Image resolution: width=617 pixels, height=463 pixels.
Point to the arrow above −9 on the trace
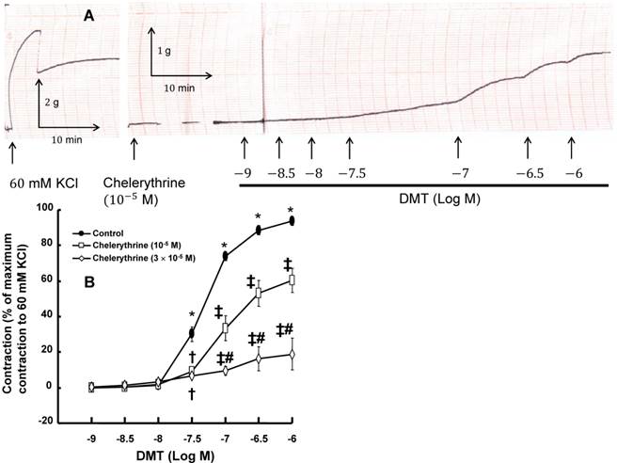(x=244, y=149)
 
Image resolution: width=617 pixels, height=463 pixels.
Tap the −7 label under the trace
(x=458, y=175)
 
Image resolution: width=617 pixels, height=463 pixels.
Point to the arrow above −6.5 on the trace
(x=527, y=149)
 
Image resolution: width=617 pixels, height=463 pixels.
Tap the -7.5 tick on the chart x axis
(x=192, y=438)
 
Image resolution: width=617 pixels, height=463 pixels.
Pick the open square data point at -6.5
(x=259, y=292)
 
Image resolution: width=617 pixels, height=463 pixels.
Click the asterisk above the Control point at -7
(x=225, y=246)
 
